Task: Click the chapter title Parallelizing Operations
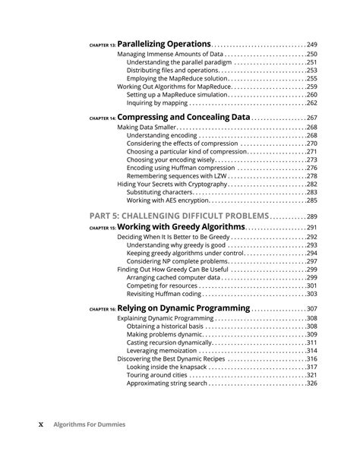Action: coord(164,45)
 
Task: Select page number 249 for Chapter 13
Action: coord(311,46)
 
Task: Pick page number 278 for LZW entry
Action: coord(311,176)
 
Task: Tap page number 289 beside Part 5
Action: coord(311,217)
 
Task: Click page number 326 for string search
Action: coord(311,383)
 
